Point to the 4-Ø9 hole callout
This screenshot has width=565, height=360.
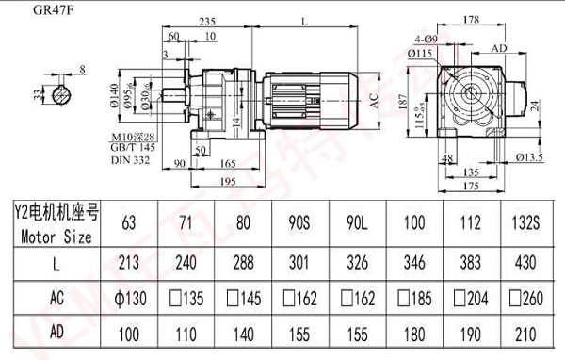427,39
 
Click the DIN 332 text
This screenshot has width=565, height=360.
131,162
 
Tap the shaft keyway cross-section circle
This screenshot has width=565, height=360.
63,94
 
